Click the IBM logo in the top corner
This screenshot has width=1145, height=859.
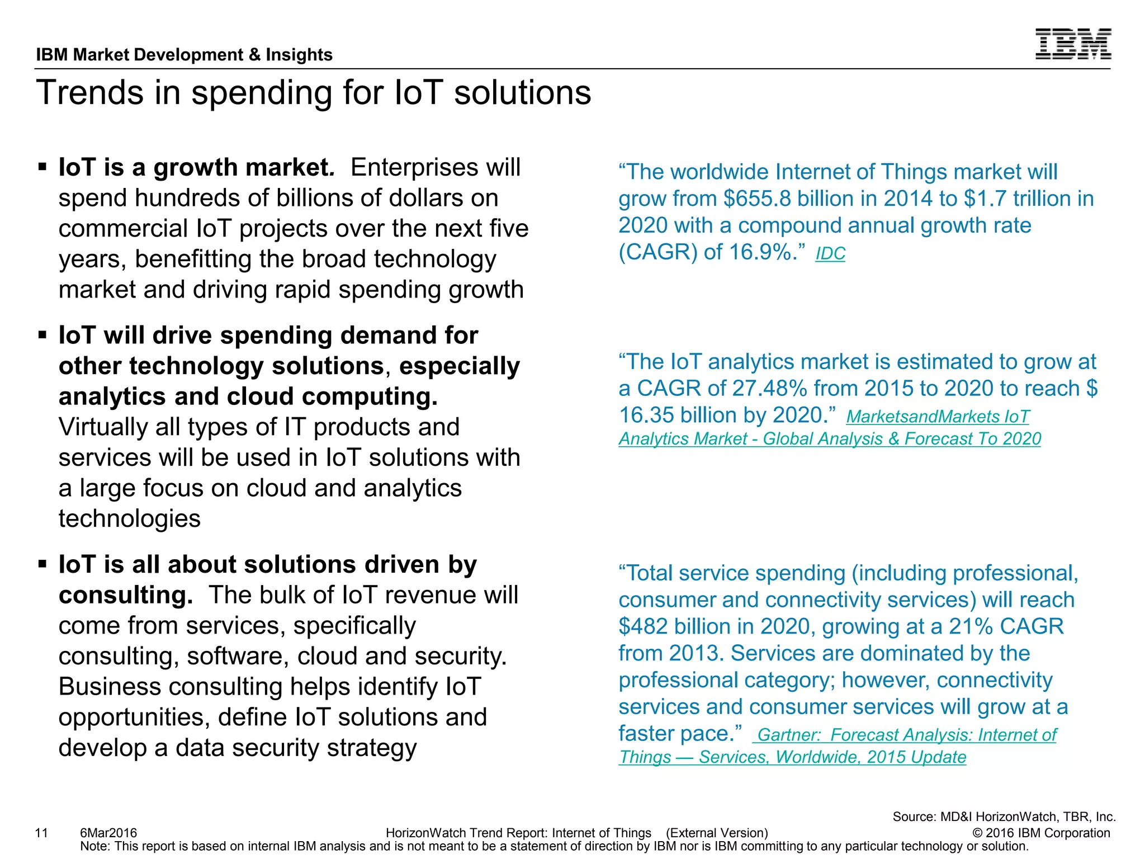1072,44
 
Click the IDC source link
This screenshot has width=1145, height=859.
830,254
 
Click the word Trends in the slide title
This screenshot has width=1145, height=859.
89,93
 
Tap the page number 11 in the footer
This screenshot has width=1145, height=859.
41,833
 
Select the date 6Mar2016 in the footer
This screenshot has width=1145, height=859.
108,833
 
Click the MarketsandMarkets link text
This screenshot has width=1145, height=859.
937,417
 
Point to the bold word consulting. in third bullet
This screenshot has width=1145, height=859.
126,596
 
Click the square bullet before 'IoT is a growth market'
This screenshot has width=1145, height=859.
42,167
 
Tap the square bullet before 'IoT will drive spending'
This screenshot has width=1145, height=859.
42,335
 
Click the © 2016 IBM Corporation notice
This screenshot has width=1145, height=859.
1041,833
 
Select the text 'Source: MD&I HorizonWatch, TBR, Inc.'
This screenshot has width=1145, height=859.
1004,816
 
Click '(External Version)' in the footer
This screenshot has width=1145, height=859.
717,833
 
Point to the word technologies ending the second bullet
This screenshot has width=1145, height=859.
129,519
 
